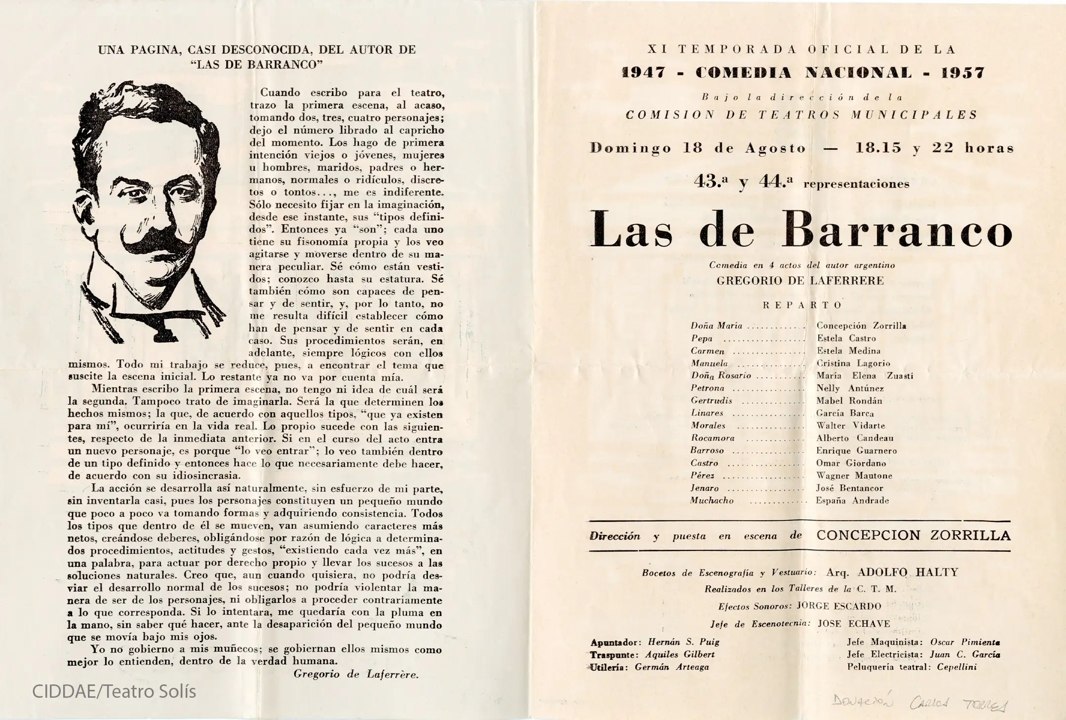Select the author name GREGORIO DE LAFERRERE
800,281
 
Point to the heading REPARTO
802,305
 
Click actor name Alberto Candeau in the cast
855,438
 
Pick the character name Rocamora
712,438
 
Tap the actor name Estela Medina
848,351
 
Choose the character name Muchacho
712,501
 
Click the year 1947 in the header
643,73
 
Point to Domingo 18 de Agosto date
698,148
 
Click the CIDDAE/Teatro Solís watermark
114,691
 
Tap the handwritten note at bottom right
919,703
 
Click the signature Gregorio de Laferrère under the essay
355,674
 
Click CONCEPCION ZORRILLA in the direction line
913,536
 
